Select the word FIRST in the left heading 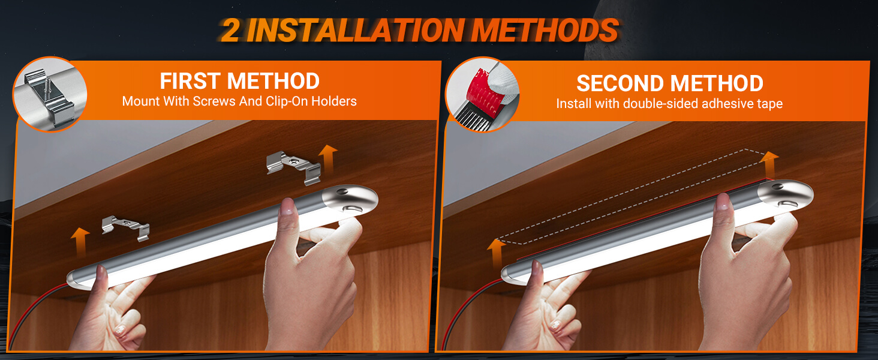point(191,81)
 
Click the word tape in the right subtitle point(769,104)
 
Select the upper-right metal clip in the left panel point(294,167)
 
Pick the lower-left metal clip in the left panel point(125,227)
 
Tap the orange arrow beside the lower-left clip point(80,242)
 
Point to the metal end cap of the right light point(785,195)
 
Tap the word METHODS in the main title point(545,30)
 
